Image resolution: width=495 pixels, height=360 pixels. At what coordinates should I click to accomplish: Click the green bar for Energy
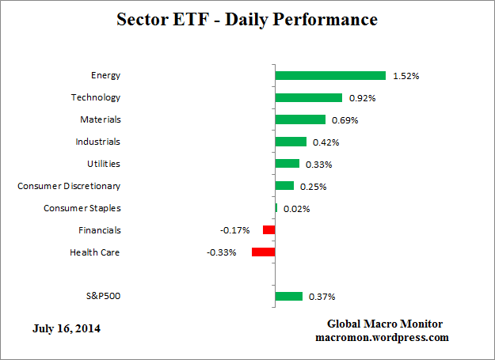[330, 76]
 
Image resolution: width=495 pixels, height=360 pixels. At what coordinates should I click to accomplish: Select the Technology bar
[308, 98]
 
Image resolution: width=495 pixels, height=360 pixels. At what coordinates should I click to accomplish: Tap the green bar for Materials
[300, 120]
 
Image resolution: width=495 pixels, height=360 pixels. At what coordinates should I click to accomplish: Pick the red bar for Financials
[268, 230]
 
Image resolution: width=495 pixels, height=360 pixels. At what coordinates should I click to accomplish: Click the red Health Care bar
[263, 252]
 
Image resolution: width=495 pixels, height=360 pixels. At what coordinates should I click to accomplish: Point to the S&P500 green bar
[288, 297]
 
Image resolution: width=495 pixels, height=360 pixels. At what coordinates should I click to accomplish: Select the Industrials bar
[291, 142]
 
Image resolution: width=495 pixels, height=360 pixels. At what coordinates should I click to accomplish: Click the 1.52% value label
[406, 77]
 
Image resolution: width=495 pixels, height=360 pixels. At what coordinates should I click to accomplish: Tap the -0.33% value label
[221, 252]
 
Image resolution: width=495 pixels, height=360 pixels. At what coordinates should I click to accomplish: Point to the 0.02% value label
[296, 209]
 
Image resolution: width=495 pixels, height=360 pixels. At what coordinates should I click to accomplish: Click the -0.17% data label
[234, 230]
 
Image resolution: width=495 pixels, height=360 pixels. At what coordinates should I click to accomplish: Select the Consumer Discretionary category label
[69, 186]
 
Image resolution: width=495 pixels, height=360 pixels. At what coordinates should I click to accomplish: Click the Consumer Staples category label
[82, 208]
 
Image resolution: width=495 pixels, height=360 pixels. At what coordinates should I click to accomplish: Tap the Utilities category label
[104, 164]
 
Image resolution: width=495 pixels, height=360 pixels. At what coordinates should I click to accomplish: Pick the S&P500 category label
[103, 297]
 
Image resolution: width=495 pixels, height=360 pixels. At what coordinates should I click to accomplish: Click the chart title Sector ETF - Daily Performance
[247, 18]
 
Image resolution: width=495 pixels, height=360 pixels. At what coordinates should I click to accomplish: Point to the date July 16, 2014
[67, 328]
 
